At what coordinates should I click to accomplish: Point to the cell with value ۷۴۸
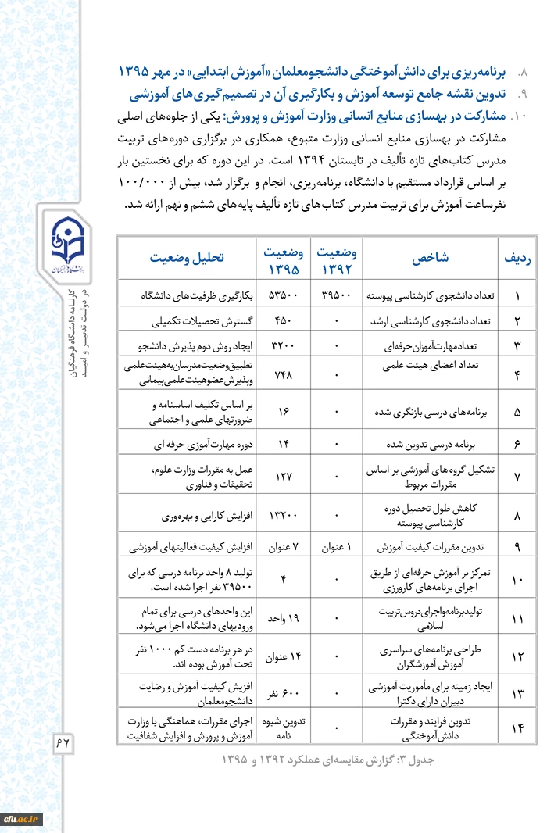(x=284, y=375)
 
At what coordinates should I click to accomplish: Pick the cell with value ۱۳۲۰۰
(x=282, y=516)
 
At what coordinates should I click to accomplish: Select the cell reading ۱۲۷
(x=284, y=476)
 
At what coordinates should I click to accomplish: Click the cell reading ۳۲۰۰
(x=282, y=345)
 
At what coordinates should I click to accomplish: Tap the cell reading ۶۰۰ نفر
(x=283, y=693)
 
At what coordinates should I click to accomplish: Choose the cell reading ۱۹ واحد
(x=283, y=618)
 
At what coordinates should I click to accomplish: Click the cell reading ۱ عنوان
(x=337, y=546)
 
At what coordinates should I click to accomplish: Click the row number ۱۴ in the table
(x=517, y=729)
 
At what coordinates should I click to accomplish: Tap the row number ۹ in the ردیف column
(x=517, y=546)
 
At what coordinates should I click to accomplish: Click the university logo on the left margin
(x=66, y=245)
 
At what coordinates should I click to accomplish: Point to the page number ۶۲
(x=63, y=742)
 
